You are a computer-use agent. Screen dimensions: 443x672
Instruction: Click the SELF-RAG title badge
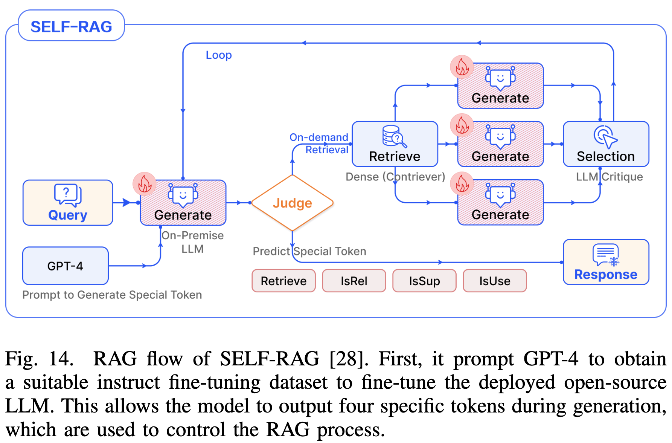coord(71,26)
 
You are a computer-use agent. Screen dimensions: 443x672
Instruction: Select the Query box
coord(68,203)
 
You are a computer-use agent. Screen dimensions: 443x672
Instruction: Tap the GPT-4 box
coord(66,266)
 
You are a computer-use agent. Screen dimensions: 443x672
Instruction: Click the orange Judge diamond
coord(292,203)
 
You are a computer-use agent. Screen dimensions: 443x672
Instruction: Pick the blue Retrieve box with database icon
coord(395,144)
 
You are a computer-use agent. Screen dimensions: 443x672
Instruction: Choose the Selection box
coord(606,144)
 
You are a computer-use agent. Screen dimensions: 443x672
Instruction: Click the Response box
coord(606,262)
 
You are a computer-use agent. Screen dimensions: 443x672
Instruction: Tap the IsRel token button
coord(354,281)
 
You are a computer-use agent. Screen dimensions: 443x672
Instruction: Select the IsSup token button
coord(424,281)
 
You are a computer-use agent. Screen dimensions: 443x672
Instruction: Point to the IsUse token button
coord(495,281)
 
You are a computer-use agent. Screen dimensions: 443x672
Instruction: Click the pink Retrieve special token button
coord(283,281)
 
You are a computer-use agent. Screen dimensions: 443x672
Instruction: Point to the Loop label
coord(219,55)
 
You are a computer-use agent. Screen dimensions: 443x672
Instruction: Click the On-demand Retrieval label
coord(319,144)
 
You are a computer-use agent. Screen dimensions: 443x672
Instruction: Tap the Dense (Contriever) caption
coord(395,177)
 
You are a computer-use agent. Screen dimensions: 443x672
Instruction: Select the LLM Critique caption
coord(609,177)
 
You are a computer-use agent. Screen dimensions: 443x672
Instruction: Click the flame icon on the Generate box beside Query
coord(145,184)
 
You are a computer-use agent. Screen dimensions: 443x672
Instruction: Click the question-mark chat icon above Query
coord(68,194)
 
